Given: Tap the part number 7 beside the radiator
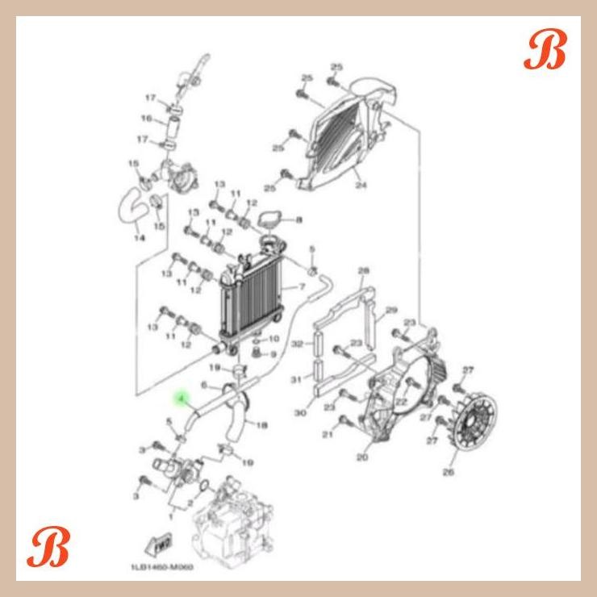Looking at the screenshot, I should [x=302, y=286].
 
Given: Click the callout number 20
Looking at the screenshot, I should [x=361, y=457].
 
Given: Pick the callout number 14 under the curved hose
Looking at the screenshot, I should [x=140, y=238].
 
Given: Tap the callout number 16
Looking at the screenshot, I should [x=146, y=119].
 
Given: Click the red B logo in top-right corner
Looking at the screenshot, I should [x=545, y=52].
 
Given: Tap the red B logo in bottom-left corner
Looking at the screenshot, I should [x=48, y=549].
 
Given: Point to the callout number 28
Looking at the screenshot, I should [x=363, y=270].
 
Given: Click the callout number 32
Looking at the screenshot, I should [x=297, y=344].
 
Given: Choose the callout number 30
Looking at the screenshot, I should [x=300, y=413].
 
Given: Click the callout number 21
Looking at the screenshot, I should [x=328, y=436].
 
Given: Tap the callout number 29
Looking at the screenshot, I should [x=392, y=310].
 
